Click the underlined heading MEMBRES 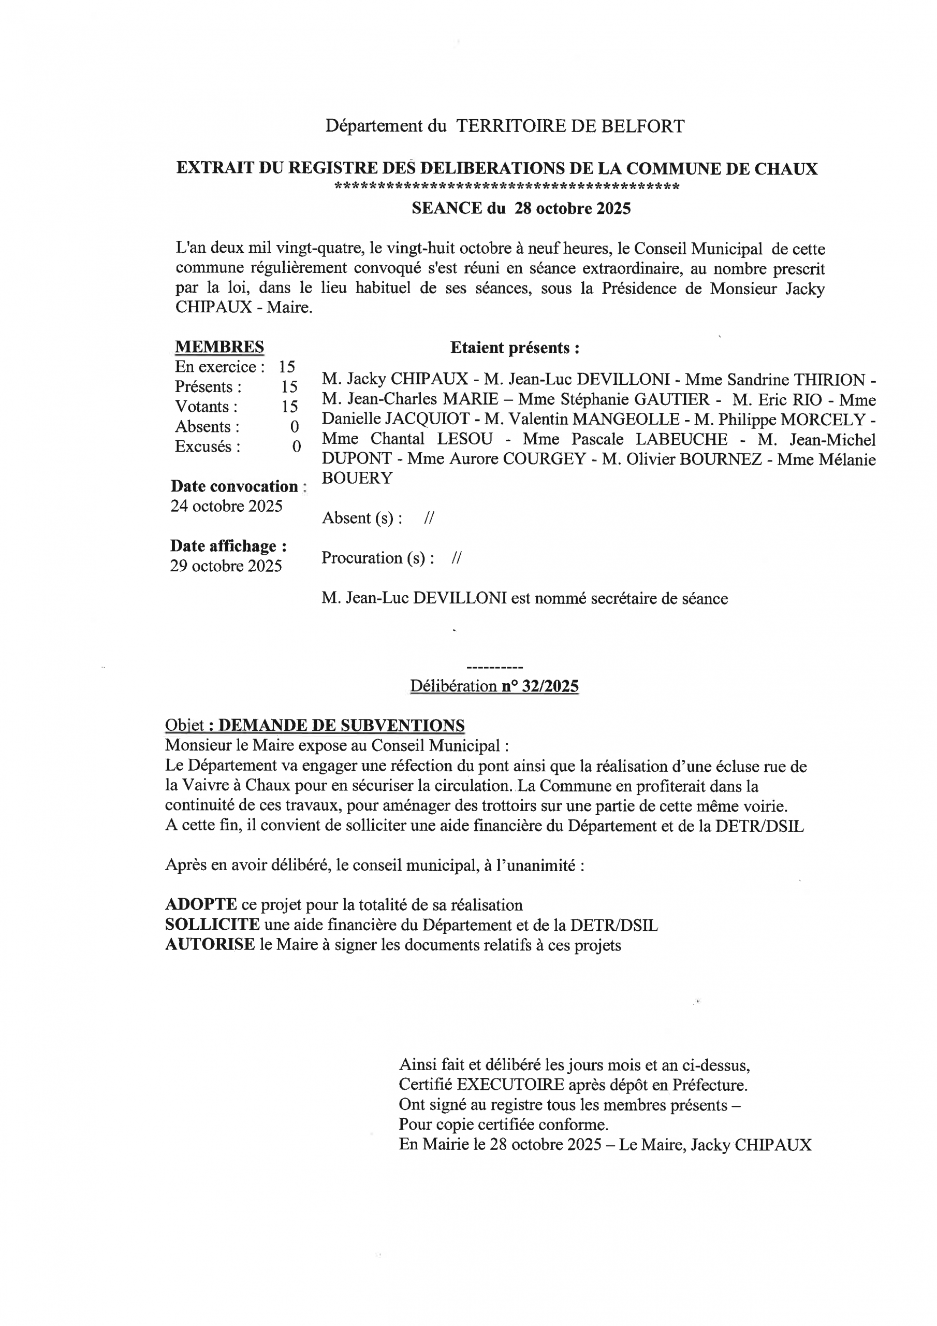(219, 347)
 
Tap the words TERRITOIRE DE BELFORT (570, 126)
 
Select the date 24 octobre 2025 (226, 506)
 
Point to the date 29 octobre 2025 (226, 566)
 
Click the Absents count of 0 (295, 427)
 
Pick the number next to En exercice (287, 367)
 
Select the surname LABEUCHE (681, 440)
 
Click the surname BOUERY (357, 478)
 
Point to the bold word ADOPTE (201, 905)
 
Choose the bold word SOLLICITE (212, 925)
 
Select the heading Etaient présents (515, 348)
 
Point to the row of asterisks (507, 187)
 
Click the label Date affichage (228, 546)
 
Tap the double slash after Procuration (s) (457, 558)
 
